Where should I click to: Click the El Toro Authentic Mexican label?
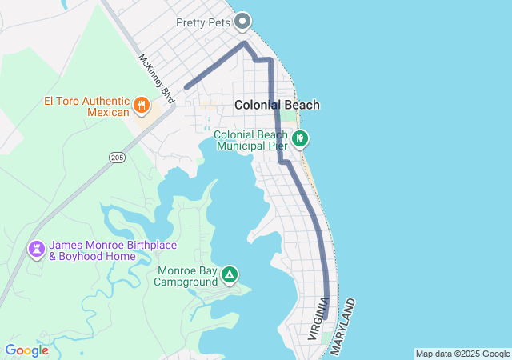[86, 106]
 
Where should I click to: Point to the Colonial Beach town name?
[277, 105]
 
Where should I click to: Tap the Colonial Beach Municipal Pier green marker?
[300, 139]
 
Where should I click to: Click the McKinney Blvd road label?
[156, 78]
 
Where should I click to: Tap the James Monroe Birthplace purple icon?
[36, 250]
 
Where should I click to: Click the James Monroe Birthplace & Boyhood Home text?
[113, 250]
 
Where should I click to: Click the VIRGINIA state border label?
[318, 319]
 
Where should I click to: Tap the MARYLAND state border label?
[342, 327]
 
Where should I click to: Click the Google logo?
[26, 350]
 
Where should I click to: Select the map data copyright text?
[462, 354]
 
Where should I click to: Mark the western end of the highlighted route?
[186, 86]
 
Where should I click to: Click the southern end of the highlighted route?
[326, 317]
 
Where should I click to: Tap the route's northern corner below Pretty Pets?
[244, 44]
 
